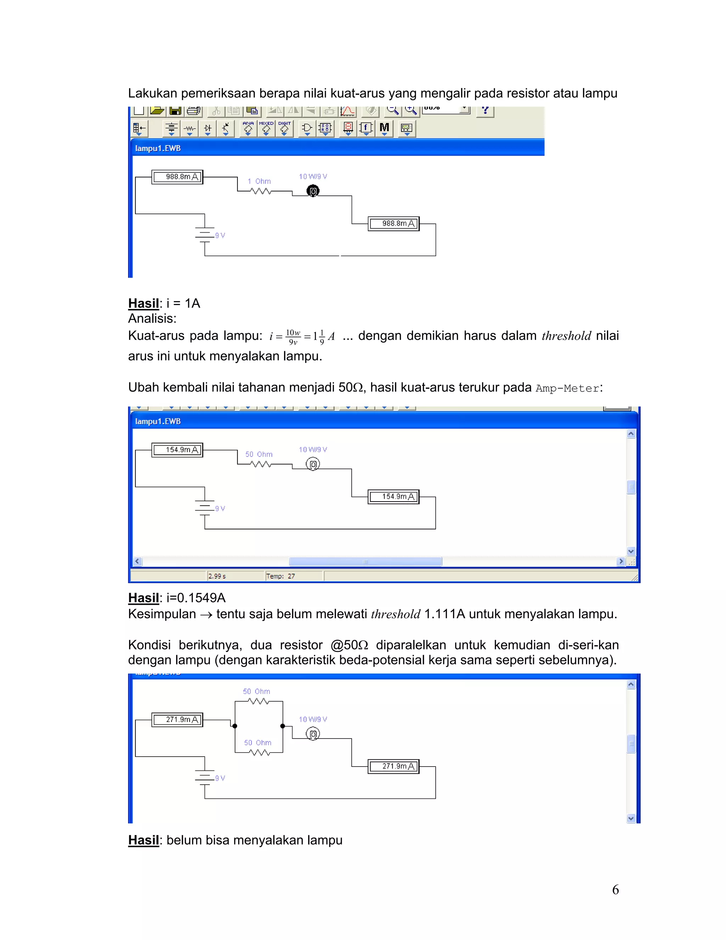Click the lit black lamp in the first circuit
(x=313, y=191)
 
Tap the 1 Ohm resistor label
(x=259, y=181)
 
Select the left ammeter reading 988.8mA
(x=177, y=177)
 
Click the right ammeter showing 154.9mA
(x=393, y=497)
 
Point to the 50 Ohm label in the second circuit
(x=259, y=454)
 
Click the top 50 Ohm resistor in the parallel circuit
(x=258, y=701)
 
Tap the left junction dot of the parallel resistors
(x=235, y=726)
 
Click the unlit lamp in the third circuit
(x=313, y=734)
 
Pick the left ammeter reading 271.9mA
(x=177, y=720)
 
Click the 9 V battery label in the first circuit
(x=220, y=236)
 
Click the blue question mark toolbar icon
(x=485, y=110)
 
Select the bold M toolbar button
(x=384, y=128)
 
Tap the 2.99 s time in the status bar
(x=217, y=576)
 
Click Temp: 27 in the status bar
(x=280, y=576)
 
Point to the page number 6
(x=615, y=890)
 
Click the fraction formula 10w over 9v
(x=293, y=337)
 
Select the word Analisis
(x=152, y=319)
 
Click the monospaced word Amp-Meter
(x=567, y=388)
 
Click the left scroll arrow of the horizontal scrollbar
(x=138, y=561)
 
